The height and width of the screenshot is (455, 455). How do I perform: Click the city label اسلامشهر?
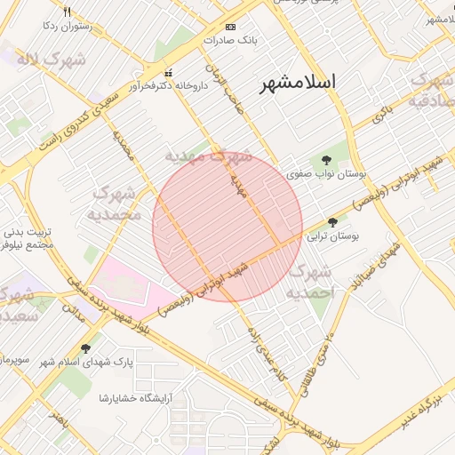pyautogui.click(x=298, y=83)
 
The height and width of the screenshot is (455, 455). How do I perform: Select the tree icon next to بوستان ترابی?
pyautogui.click(x=333, y=222)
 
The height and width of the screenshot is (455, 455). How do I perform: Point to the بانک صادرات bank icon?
pyautogui.click(x=231, y=27)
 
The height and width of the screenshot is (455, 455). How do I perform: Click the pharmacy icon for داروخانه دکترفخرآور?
pyautogui.click(x=169, y=73)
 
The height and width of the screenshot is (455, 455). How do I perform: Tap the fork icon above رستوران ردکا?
pyautogui.click(x=67, y=12)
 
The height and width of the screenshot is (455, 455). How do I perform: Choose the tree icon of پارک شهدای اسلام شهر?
pyautogui.click(x=86, y=348)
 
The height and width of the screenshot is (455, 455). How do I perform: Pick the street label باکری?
pyautogui.click(x=381, y=113)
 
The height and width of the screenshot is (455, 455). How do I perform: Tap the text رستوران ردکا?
pyautogui.click(x=68, y=27)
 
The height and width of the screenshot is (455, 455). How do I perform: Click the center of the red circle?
pyautogui.click(x=227, y=227)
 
